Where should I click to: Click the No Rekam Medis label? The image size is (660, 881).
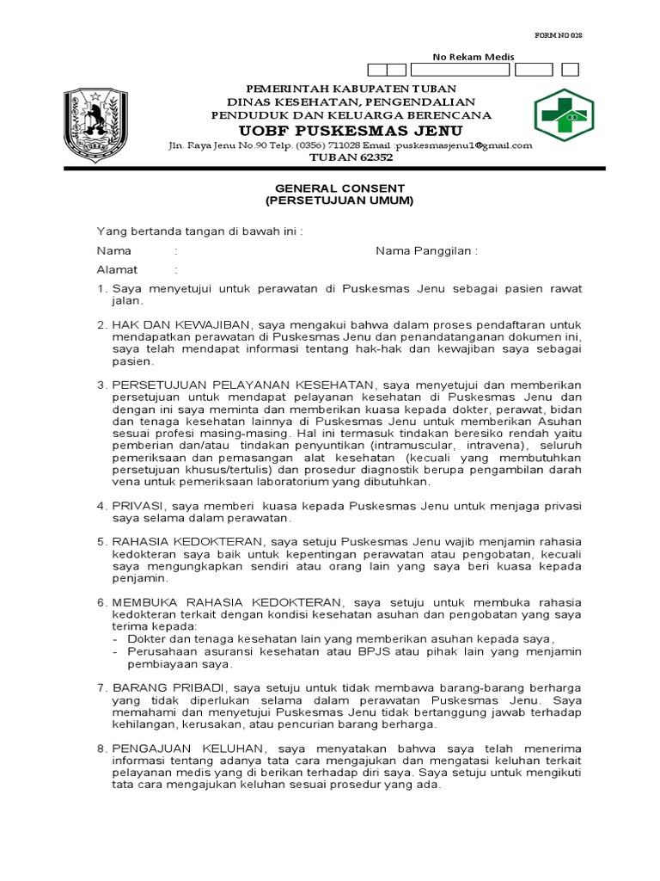472,57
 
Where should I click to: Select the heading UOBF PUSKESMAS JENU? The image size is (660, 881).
352,130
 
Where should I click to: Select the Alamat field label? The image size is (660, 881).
117,269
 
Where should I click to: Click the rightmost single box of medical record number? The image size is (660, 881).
570,69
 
